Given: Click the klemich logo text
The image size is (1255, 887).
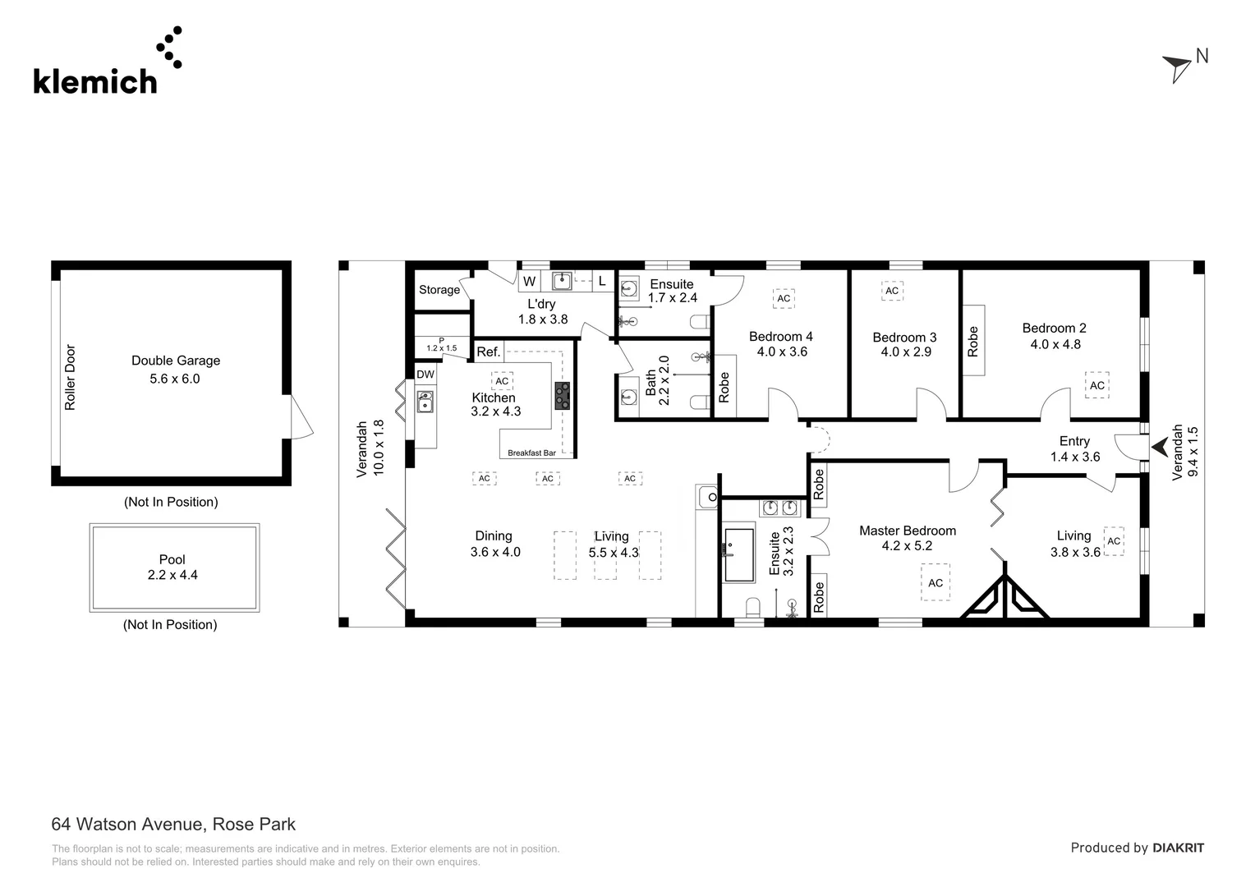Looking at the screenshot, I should (94, 81).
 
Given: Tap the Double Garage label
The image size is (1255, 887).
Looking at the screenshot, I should (176, 361).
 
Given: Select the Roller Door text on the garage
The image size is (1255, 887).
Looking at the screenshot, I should (70, 377).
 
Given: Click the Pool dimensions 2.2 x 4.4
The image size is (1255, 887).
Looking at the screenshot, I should (172, 575).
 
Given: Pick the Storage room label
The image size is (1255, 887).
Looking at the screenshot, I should (439, 290).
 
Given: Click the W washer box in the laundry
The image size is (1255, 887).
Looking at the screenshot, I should (530, 282).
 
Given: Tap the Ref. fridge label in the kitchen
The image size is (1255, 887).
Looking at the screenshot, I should (489, 352).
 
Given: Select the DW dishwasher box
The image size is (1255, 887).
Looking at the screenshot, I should (425, 375).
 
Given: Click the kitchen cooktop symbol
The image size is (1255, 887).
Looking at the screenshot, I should (563, 396).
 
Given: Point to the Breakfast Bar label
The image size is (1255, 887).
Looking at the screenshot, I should (531, 453).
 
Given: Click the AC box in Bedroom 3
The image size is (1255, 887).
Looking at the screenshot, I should (892, 291).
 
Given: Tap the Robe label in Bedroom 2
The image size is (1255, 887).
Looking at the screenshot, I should (973, 341).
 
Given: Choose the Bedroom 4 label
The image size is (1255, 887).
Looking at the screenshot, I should (780, 337).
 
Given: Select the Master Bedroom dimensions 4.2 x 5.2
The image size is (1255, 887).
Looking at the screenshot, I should (907, 546).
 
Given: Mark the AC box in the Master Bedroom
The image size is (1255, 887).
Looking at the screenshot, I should (936, 582).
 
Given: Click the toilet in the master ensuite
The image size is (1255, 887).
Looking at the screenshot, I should (753, 609).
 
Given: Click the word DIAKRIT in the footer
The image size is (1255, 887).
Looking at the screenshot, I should (1178, 848).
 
